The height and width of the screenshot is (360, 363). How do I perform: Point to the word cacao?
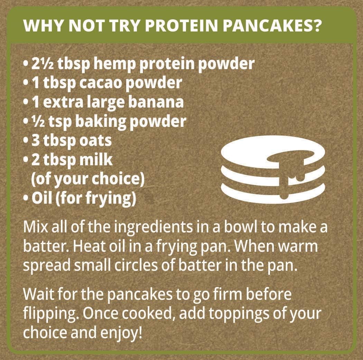(101, 83)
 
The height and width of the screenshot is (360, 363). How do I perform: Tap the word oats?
(95, 141)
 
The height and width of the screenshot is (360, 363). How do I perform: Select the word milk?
(96, 159)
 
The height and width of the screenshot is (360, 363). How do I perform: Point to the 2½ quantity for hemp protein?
(43, 64)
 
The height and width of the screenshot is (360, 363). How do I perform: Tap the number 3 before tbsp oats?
(36, 141)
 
